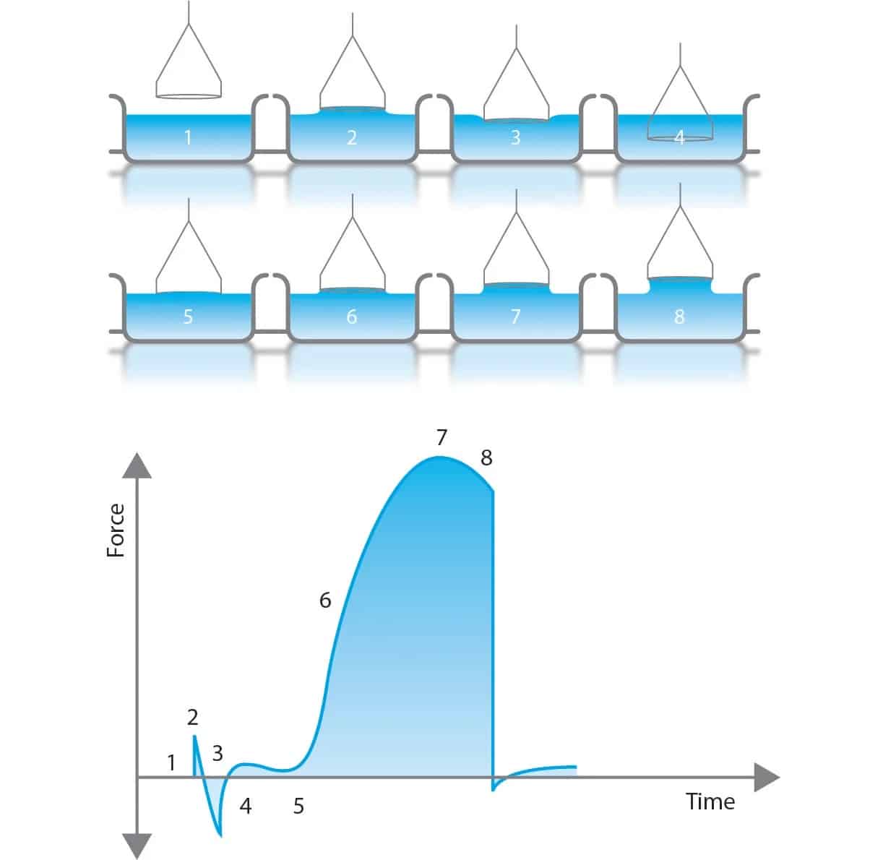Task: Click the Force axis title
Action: tap(116, 530)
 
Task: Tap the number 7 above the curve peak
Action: tap(442, 437)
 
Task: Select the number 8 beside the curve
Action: tap(486, 458)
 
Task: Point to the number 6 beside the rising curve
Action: tap(325, 601)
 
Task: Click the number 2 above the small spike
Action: tap(192, 717)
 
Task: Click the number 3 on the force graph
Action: tap(217, 753)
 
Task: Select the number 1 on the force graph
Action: tap(171, 763)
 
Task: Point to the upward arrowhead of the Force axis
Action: tap(137, 465)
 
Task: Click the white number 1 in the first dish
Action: tap(188, 137)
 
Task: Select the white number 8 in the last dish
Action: tap(679, 317)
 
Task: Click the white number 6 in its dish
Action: tap(352, 317)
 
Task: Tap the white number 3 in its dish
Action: tap(516, 137)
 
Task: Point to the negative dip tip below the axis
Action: tap(221, 836)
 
